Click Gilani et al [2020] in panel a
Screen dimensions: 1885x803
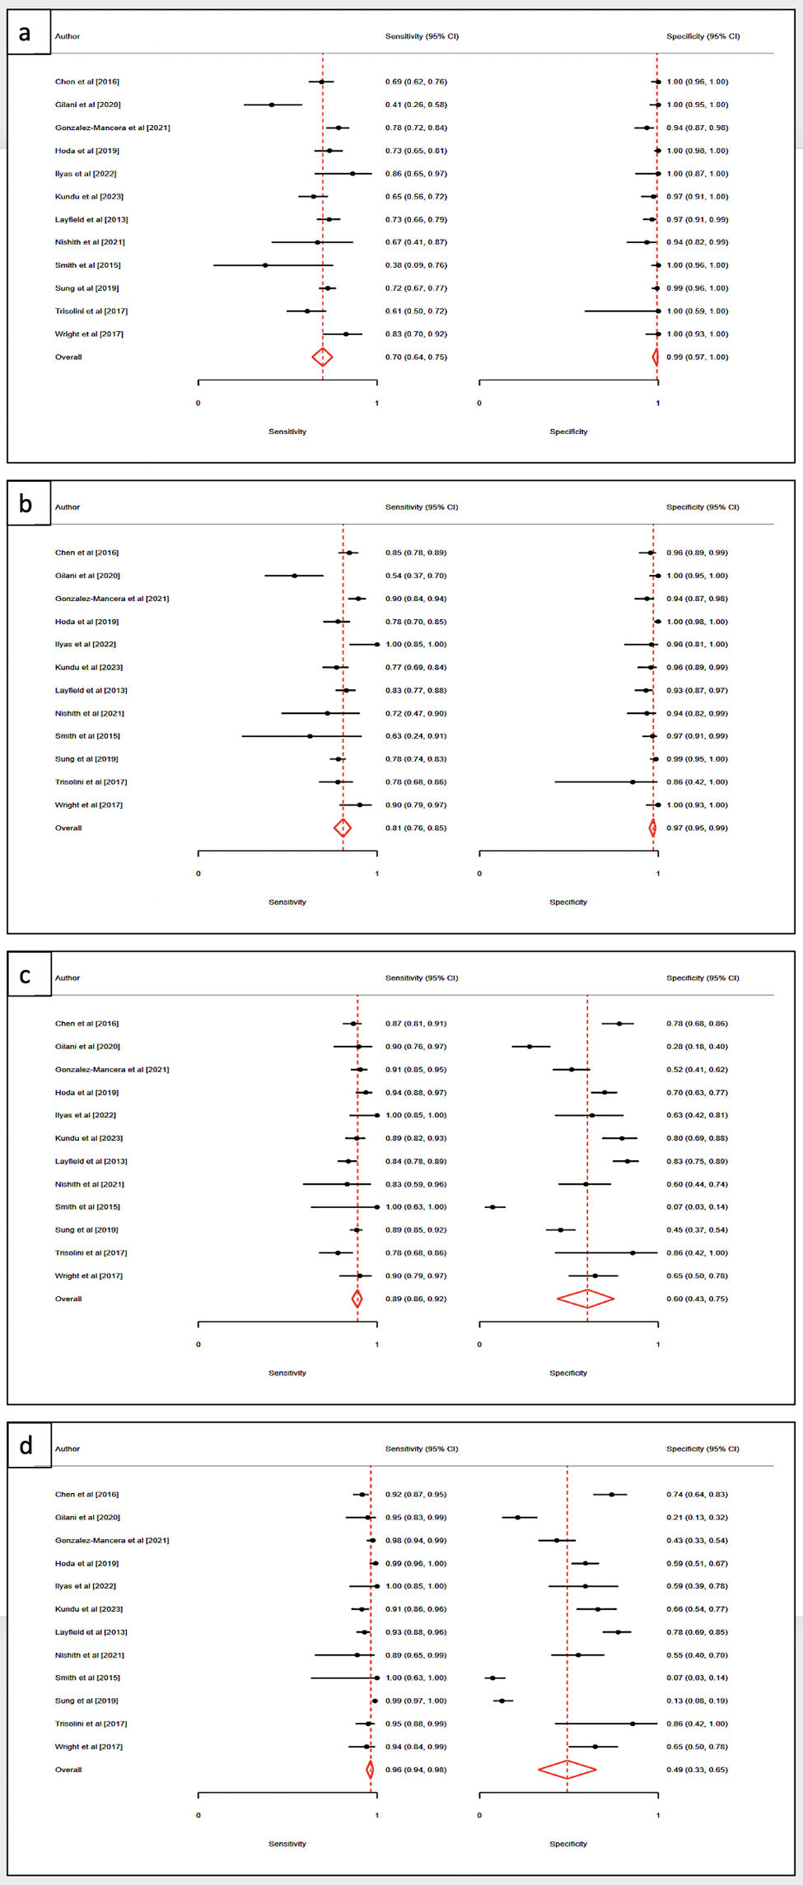coord(88,105)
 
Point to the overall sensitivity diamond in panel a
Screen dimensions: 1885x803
coord(322,357)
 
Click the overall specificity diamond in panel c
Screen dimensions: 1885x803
coord(586,1299)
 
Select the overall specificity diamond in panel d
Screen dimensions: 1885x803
coord(567,1769)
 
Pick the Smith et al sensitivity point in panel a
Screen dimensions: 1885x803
coord(265,265)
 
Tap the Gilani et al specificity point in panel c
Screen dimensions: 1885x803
coord(530,1047)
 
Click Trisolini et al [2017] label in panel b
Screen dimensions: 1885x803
coord(91,782)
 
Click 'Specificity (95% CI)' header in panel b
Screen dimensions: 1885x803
coord(703,507)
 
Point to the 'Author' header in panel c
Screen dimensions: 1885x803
coord(68,978)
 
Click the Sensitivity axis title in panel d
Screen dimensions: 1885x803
coord(287,1844)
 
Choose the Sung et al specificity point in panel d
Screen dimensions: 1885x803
coord(502,1701)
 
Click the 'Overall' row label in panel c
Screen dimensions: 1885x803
coord(68,1299)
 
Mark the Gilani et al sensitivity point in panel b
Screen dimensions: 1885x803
coord(295,576)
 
